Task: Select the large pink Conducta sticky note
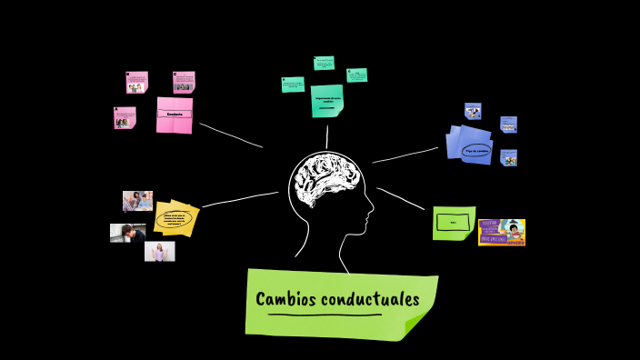pyautogui.click(x=175, y=115)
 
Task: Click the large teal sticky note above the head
pyautogui.click(x=327, y=101)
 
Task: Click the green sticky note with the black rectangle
pyautogui.click(x=454, y=223)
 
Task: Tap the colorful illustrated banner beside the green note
pyautogui.click(x=502, y=232)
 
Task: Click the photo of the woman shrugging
pyautogui.click(x=160, y=251)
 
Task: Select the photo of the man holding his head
pyautogui.click(x=127, y=233)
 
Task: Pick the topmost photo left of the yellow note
pyautogui.click(x=137, y=201)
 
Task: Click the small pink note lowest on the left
pyautogui.click(x=125, y=118)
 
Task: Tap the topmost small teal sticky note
pyautogui.click(x=324, y=63)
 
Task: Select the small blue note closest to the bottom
pyautogui.click(x=509, y=157)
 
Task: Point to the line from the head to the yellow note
pyautogui.click(x=238, y=199)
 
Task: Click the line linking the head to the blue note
pyautogui.click(x=405, y=155)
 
